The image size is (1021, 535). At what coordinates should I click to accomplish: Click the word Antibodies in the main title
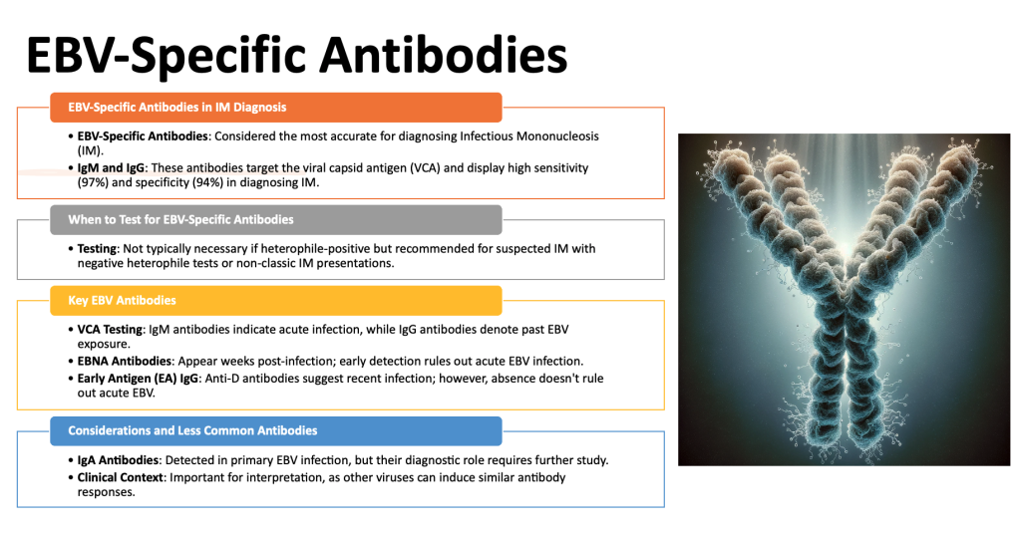point(444,56)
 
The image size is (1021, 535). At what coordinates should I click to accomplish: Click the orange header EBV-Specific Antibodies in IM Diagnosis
point(276,108)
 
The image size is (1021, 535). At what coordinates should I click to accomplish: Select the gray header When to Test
point(276,220)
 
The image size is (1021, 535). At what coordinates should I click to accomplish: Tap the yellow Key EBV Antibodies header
point(276,301)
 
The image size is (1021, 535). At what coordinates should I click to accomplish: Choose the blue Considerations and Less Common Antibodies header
point(276,430)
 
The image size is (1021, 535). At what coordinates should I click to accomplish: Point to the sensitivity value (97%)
point(93,183)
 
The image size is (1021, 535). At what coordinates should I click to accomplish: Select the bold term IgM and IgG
point(111,168)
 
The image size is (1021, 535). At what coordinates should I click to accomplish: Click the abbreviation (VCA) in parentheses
point(425,168)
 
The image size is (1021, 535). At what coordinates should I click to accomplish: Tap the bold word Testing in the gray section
point(97,249)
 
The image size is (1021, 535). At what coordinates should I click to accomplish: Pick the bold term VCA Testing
point(110,330)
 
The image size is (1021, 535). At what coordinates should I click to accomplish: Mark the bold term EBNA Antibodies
point(125,362)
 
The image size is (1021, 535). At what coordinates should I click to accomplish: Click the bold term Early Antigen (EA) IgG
point(138,379)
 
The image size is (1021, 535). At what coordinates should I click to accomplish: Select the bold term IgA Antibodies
point(118,461)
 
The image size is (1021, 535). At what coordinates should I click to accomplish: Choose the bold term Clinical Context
point(121,478)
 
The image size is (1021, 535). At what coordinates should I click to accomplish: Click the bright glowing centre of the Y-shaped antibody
point(845,251)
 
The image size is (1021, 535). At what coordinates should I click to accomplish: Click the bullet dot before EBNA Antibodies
point(71,362)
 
